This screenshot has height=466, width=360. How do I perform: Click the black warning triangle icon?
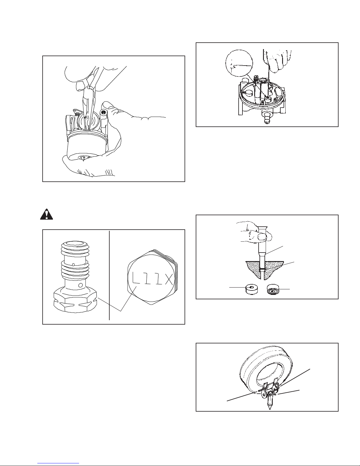click(x=46, y=214)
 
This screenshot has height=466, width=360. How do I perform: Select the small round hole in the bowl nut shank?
click(x=80, y=285)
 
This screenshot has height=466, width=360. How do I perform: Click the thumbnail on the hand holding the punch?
click(x=262, y=237)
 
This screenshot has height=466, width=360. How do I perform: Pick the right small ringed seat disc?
click(x=273, y=290)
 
